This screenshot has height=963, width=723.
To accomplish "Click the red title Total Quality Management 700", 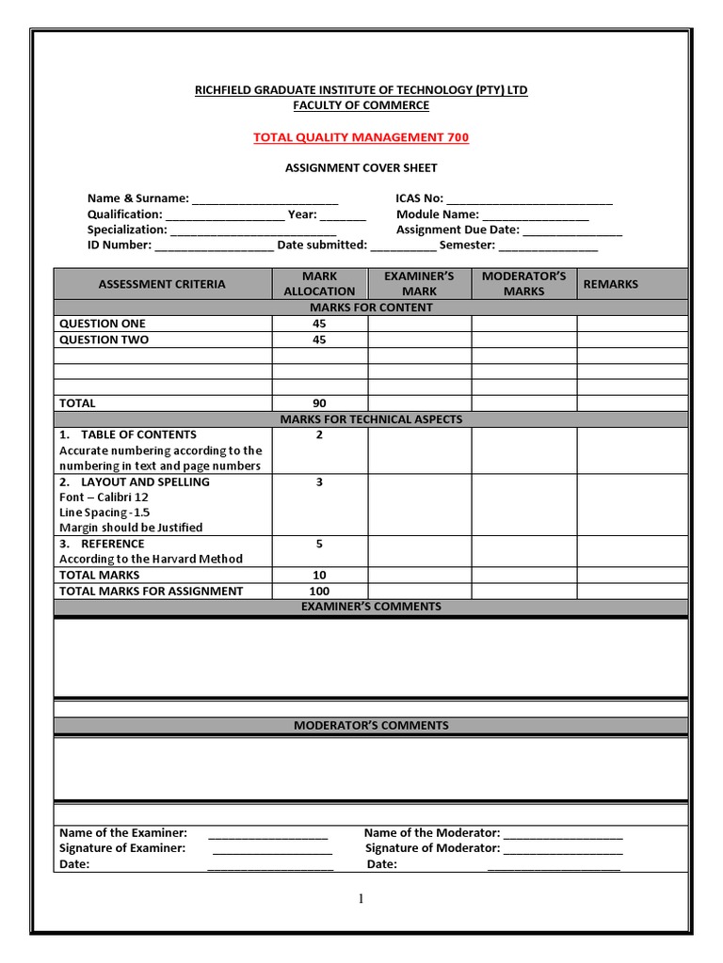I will pos(361,137).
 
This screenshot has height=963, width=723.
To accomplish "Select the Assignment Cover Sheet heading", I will pos(361,167).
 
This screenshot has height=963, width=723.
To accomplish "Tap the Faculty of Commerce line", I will pos(361,105).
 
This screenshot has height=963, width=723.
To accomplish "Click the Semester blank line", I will pos(548,246).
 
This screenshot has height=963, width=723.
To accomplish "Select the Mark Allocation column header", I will pos(319,284).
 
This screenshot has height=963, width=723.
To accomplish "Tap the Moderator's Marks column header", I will pos(523,284).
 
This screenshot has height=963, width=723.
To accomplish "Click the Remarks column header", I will pos(610,284).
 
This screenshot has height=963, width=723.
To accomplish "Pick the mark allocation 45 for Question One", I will pos(319,324).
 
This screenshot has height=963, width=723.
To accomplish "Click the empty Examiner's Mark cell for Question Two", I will pos(419,339).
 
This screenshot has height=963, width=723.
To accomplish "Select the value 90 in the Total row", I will pos(319,403).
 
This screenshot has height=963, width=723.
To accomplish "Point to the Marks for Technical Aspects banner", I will pos(371,419).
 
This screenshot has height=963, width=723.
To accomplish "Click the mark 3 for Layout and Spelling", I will pos(319,482).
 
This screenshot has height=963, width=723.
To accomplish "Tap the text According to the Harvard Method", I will pos(151,559).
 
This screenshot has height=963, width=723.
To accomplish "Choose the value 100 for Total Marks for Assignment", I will pos(319,592).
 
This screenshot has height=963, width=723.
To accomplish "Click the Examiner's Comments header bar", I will pos(371,608).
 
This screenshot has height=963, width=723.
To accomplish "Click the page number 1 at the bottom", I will pos(361,899).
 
